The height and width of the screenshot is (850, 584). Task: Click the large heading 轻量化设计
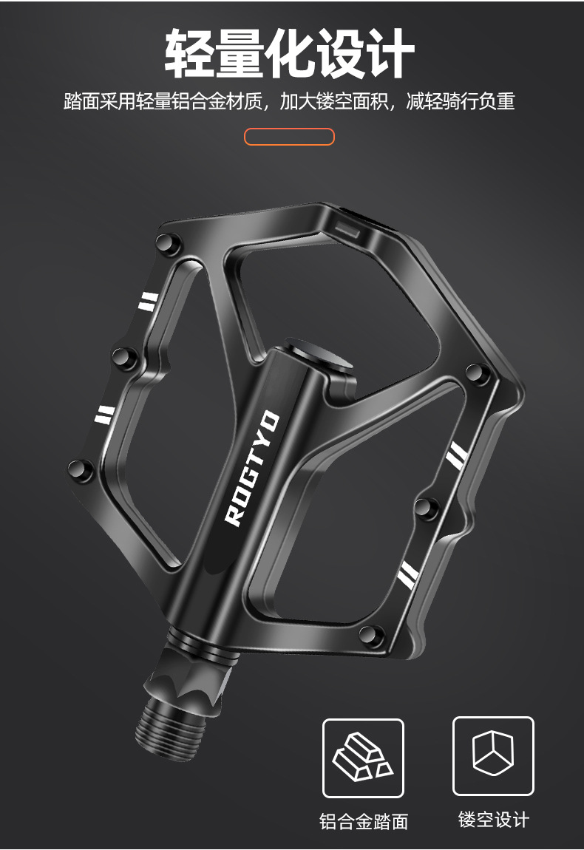(x=290, y=53)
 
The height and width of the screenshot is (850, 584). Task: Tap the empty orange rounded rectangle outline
(x=289, y=137)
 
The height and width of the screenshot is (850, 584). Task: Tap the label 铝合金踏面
(x=363, y=822)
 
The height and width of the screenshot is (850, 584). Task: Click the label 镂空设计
(x=494, y=819)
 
